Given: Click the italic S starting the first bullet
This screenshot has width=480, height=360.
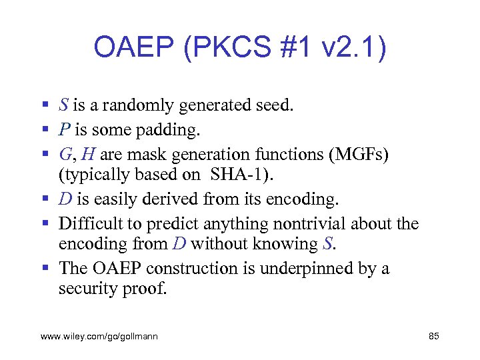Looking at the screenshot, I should [x=63, y=105].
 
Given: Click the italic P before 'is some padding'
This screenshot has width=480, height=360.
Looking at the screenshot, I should [x=65, y=129].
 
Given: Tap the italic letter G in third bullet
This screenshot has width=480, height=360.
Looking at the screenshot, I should [x=65, y=154].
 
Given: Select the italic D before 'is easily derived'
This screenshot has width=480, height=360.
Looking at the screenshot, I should [x=65, y=199].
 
